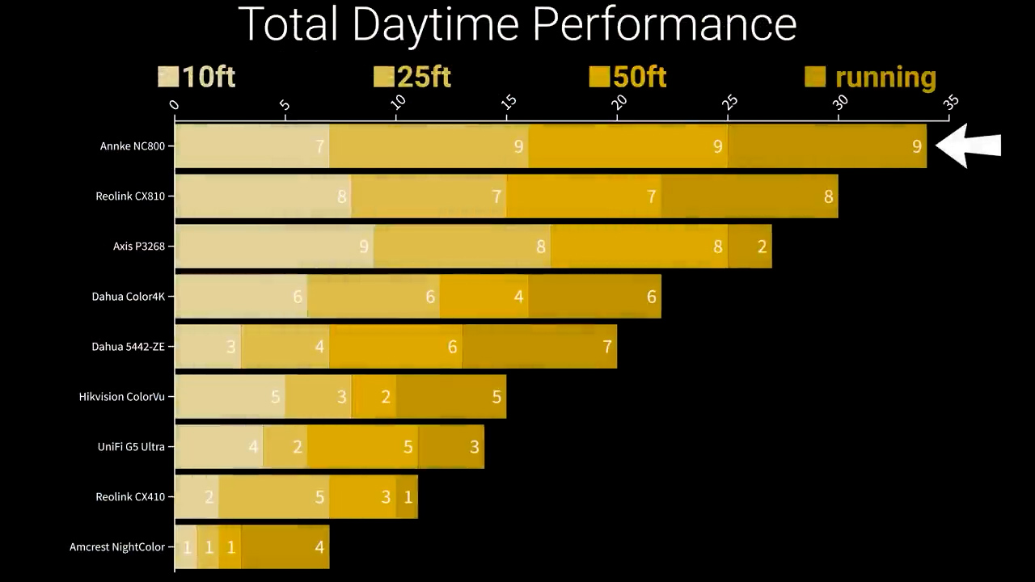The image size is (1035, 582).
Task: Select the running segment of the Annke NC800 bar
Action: (x=826, y=146)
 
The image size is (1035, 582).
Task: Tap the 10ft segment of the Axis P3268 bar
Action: (x=273, y=247)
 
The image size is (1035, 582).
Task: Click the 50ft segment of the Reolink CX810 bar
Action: (x=583, y=196)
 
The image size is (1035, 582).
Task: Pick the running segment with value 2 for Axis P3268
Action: (x=750, y=247)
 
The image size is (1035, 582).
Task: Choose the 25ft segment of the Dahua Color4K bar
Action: (x=373, y=297)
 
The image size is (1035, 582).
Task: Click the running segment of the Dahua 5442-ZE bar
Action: (x=539, y=347)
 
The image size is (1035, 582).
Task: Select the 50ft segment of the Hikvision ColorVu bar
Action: (x=374, y=397)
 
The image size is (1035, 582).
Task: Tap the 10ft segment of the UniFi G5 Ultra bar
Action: (x=218, y=447)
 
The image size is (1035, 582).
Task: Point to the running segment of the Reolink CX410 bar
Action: (x=407, y=497)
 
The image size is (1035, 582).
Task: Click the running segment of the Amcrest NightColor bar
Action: (x=285, y=547)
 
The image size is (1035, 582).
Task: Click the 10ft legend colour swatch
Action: (x=167, y=77)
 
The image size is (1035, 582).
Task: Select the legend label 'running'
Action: (x=885, y=77)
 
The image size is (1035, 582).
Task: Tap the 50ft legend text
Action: (x=640, y=77)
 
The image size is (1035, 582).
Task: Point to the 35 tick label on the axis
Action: (x=951, y=103)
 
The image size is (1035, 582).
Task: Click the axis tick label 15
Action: (x=509, y=103)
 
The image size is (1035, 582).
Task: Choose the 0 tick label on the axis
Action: (x=175, y=104)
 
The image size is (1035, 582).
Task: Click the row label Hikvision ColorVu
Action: (x=121, y=397)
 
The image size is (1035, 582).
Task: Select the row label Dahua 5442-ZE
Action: (x=128, y=347)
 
